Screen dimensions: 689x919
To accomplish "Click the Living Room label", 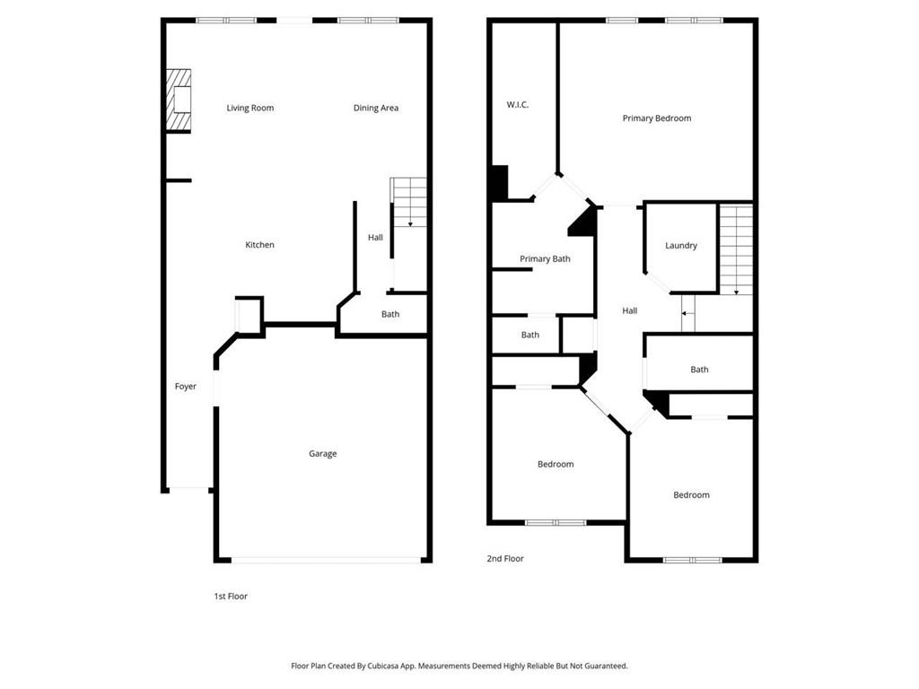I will point(249,109).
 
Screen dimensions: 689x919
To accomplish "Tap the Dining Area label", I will point(375,109).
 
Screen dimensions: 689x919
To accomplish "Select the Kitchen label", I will point(260,245).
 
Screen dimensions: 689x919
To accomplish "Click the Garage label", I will point(323,454).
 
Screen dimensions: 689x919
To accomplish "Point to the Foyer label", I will point(185,387).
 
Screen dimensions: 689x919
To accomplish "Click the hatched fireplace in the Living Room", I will point(179,100).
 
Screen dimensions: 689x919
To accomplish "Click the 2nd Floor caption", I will point(505,559).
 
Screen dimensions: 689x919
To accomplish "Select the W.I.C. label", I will point(518,105).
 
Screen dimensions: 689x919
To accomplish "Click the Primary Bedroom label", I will point(657,118).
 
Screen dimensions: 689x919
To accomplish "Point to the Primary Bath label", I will point(545,259).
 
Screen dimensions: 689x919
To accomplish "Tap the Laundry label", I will point(681,246).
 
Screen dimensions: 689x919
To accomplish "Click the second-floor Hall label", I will point(630,311).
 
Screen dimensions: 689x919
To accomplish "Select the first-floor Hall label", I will point(375,238).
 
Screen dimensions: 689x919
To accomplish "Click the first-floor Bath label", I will point(390,315).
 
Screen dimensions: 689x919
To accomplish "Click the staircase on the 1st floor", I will point(409,202).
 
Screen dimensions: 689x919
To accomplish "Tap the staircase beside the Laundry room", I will point(736,249).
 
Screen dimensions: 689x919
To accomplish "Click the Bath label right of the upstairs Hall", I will point(699,370).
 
